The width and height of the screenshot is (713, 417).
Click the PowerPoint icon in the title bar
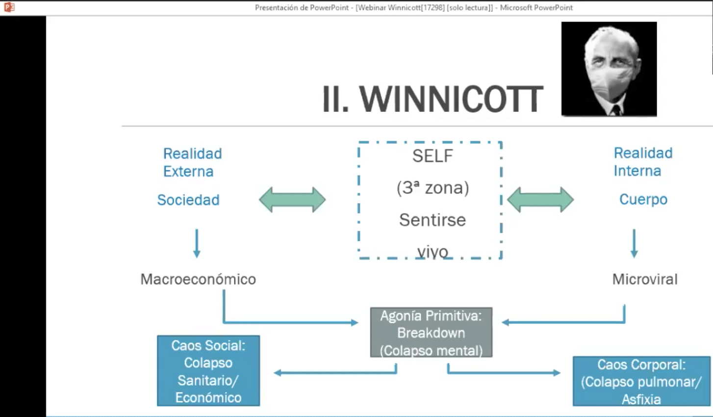point(9,7)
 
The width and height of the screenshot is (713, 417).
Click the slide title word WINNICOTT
point(451,99)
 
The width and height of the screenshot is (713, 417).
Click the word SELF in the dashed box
point(433,156)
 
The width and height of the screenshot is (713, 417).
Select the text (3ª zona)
point(433,188)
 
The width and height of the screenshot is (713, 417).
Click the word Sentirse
point(433,220)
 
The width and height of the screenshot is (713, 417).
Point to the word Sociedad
point(188,200)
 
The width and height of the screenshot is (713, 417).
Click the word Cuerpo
point(643,200)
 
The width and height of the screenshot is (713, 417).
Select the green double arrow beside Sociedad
point(292,200)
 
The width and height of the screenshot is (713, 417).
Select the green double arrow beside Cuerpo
point(540,200)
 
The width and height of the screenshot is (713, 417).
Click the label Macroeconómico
point(198,279)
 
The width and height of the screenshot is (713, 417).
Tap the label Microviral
point(645,279)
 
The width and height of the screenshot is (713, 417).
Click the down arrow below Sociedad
point(197,243)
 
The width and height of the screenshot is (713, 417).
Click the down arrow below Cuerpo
point(634,243)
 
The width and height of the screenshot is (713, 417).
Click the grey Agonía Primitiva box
point(432,332)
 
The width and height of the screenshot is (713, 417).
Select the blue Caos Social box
point(208,370)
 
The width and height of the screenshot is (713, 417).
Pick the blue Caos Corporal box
point(641,381)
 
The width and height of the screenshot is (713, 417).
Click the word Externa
point(188,172)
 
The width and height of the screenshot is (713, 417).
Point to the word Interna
point(637,171)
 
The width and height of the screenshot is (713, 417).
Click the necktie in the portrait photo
point(616,110)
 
